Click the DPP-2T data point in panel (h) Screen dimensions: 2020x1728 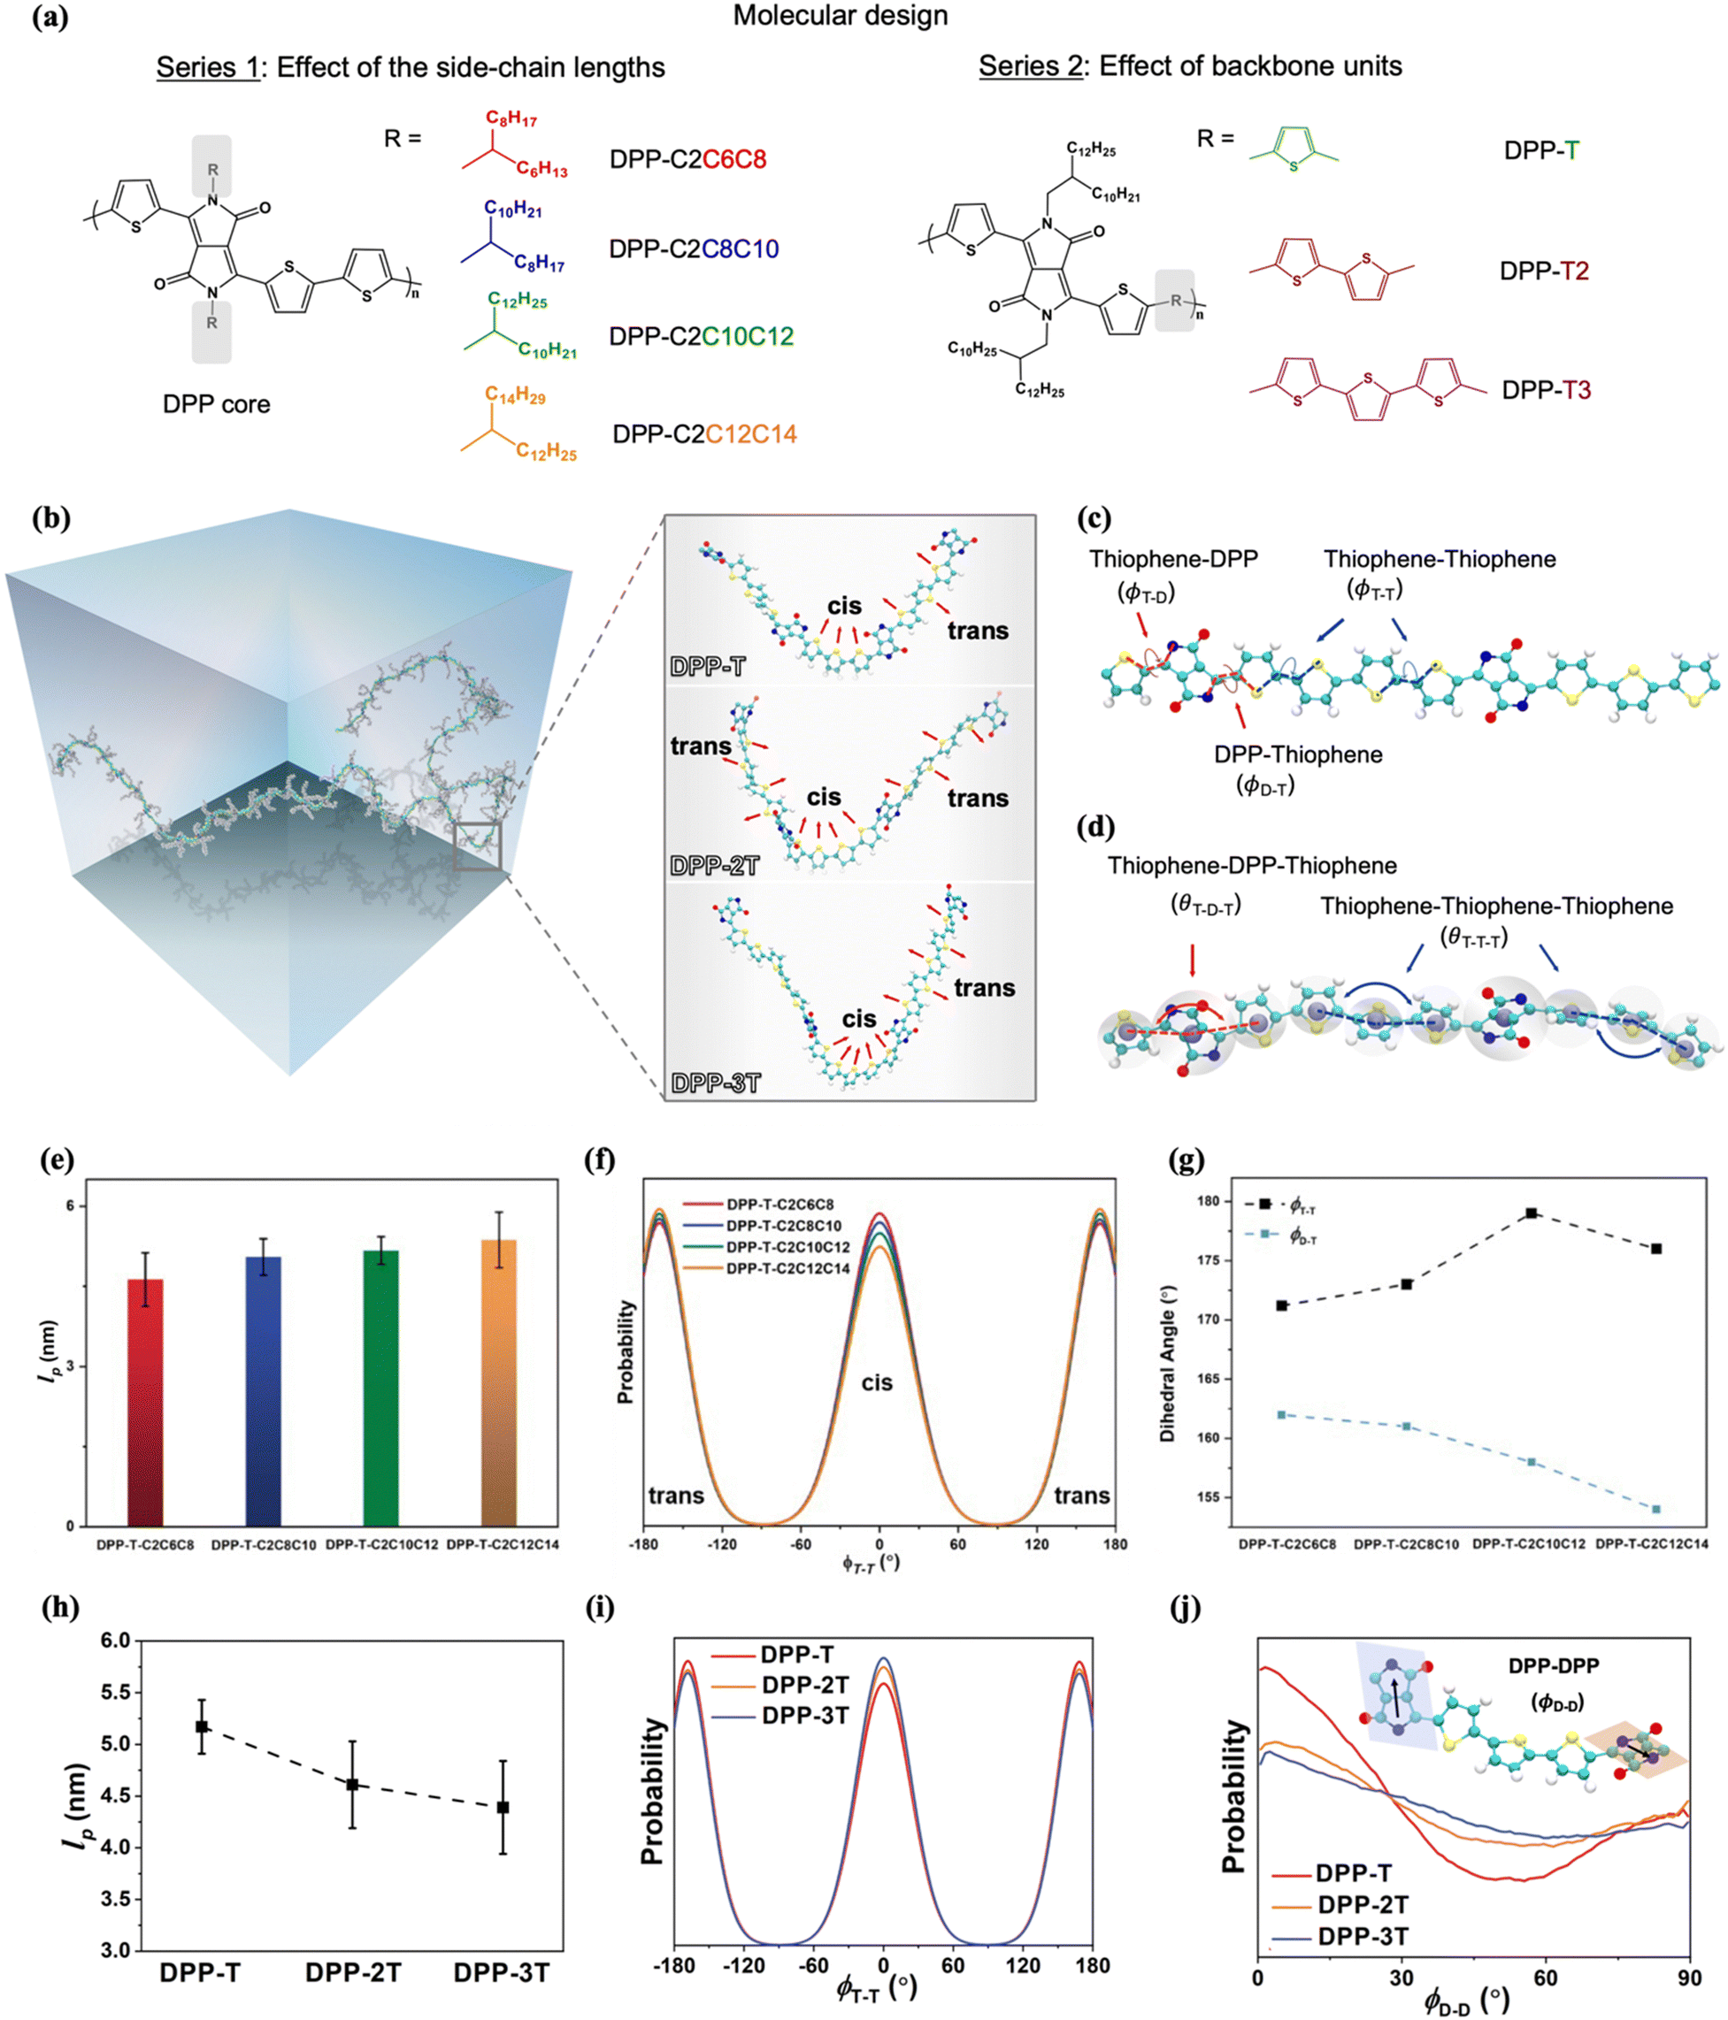(x=352, y=1784)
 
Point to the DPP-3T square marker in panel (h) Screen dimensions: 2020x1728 (x=503, y=1807)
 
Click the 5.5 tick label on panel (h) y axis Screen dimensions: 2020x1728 (x=115, y=1692)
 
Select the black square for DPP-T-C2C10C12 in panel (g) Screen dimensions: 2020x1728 (x=1531, y=1213)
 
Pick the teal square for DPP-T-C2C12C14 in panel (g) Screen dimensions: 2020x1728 (x=1655, y=1509)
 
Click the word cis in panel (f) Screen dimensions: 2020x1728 (x=877, y=1382)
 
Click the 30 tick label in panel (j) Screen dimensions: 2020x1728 (x=1402, y=1978)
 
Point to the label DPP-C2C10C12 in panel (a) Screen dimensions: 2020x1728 (x=701, y=336)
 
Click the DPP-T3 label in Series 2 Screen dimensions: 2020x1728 (x=1546, y=390)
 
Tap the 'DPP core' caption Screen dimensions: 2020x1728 (x=217, y=403)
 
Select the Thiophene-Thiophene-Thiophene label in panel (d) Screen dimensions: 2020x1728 (x=1496, y=906)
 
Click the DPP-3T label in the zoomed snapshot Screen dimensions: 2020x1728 (x=715, y=1083)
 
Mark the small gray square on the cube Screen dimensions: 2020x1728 (x=477, y=845)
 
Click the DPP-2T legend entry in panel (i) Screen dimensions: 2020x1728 (x=804, y=1686)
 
